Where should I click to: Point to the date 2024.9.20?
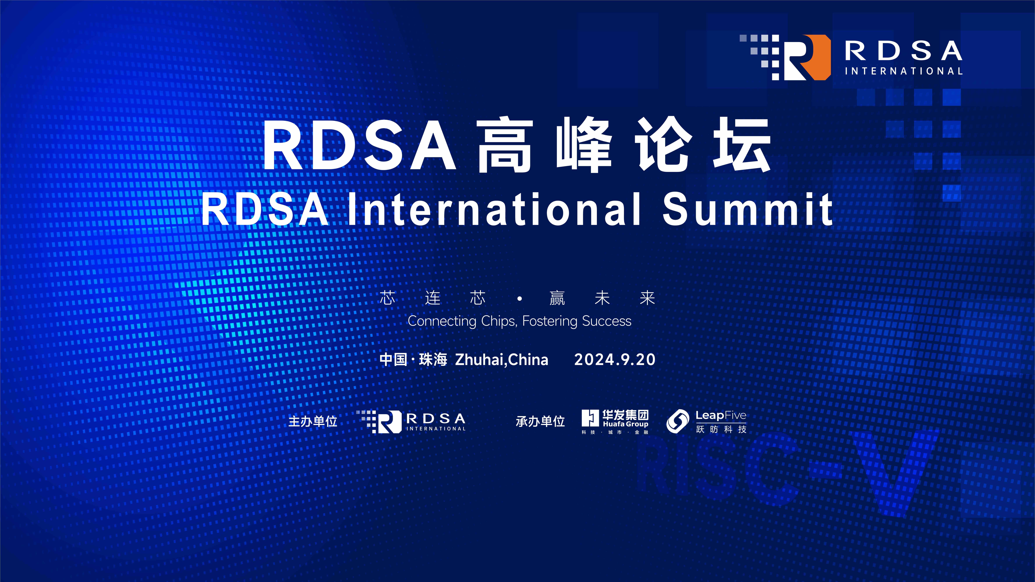(x=615, y=360)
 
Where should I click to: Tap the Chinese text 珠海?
(x=433, y=360)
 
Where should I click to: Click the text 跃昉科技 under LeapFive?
(x=721, y=429)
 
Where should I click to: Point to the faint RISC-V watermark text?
(x=784, y=474)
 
